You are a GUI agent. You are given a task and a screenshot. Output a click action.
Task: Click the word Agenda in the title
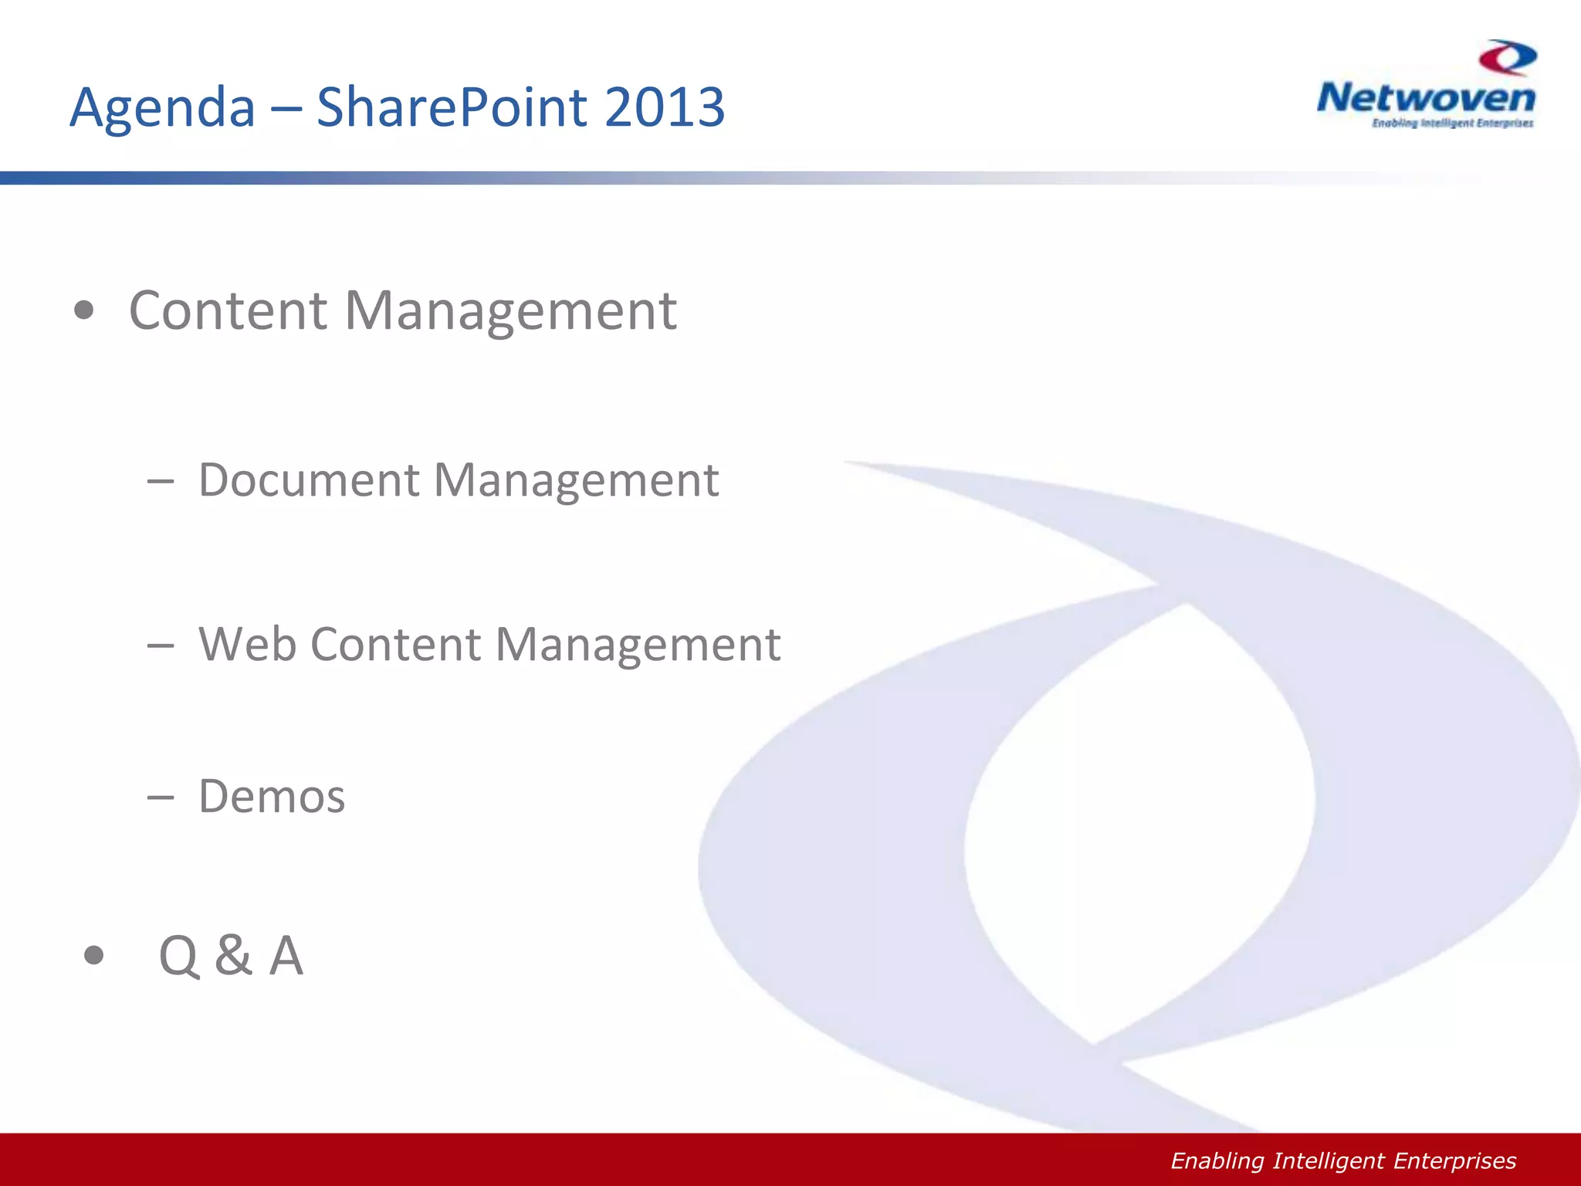pos(162,107)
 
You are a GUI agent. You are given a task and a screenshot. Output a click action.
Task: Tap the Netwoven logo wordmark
pos(1426,98)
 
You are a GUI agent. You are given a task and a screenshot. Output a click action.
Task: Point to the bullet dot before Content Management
pos(84,311)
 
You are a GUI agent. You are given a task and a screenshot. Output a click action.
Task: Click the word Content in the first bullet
pos(229,310)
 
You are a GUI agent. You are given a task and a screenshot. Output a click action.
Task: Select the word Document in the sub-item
pos(309,479)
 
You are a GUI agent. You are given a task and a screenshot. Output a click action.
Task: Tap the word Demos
pos(272,796)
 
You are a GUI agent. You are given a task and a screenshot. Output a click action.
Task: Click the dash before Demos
pos(160,798)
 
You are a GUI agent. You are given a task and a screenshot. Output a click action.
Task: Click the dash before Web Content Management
pos(160,646)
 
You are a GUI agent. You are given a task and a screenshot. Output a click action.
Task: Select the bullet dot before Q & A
pos(93,956)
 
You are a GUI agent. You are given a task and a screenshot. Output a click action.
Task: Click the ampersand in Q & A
pos(233,955)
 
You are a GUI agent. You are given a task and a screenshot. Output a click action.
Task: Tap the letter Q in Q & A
pos(179,956)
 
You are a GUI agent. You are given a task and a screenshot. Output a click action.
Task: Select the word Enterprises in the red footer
pos(1454,1161)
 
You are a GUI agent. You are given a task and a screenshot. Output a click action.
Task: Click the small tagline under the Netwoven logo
pos(1452,124)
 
